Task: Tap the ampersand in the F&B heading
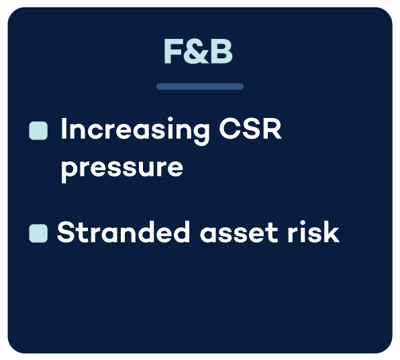(197, 52)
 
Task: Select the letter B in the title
(222, 52)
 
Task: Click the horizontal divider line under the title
(200, 86)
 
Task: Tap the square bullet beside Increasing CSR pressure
(38, 131)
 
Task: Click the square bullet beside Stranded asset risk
(38, 233)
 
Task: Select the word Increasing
(135, 131)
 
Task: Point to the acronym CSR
(250, 129)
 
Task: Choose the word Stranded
(123, 231)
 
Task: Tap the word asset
(239, 233)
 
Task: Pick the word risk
(313, 231)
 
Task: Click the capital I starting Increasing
(64, 129)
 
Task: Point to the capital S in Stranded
(65, 231)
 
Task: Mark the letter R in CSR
(273, 129)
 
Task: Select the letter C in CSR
(230, 129)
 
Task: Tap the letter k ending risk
(331, 231)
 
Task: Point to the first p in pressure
(70, 172)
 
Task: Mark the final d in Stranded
(181, 231)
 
